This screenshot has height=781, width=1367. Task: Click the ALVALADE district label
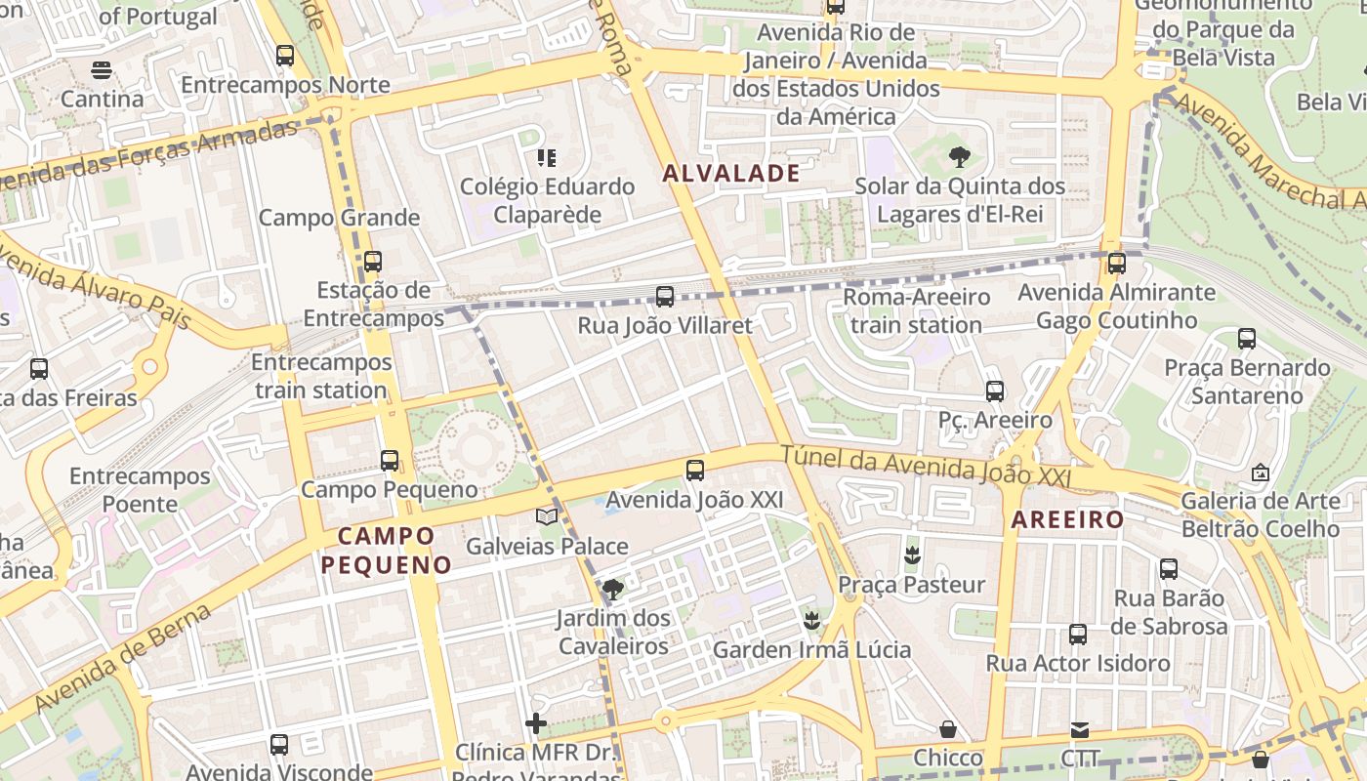[731, 174]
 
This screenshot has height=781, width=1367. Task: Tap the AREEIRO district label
[1068, 519]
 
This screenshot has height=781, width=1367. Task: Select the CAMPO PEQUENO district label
[387, 550]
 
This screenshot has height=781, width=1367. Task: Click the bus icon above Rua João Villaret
[665, 296]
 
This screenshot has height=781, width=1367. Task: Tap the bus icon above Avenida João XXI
[695, 471]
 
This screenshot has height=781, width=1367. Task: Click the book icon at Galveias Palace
[547, 516]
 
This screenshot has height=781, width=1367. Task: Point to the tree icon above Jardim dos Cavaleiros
[613, 589]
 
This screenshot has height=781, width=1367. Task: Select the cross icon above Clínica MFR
[536, 723]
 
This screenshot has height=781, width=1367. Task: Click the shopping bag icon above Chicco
[947, 729]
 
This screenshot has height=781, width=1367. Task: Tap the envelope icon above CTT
[1080, 729]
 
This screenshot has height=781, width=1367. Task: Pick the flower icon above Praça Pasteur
[912, 555]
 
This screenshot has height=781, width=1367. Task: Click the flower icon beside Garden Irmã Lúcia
[810, 620]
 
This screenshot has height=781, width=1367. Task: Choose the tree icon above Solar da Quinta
[959, 156]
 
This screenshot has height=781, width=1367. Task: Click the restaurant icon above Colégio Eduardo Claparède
[547, 157]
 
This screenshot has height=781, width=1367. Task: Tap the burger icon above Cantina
[102, 69]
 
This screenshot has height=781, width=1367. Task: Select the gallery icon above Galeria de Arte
[1261, 473]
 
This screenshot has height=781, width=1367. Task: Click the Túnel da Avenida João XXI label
[925, 465]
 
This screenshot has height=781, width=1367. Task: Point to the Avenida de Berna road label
[123, 658]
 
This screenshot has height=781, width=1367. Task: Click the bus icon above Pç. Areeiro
[995, 391]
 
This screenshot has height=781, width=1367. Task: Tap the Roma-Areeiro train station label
[916, 310]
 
